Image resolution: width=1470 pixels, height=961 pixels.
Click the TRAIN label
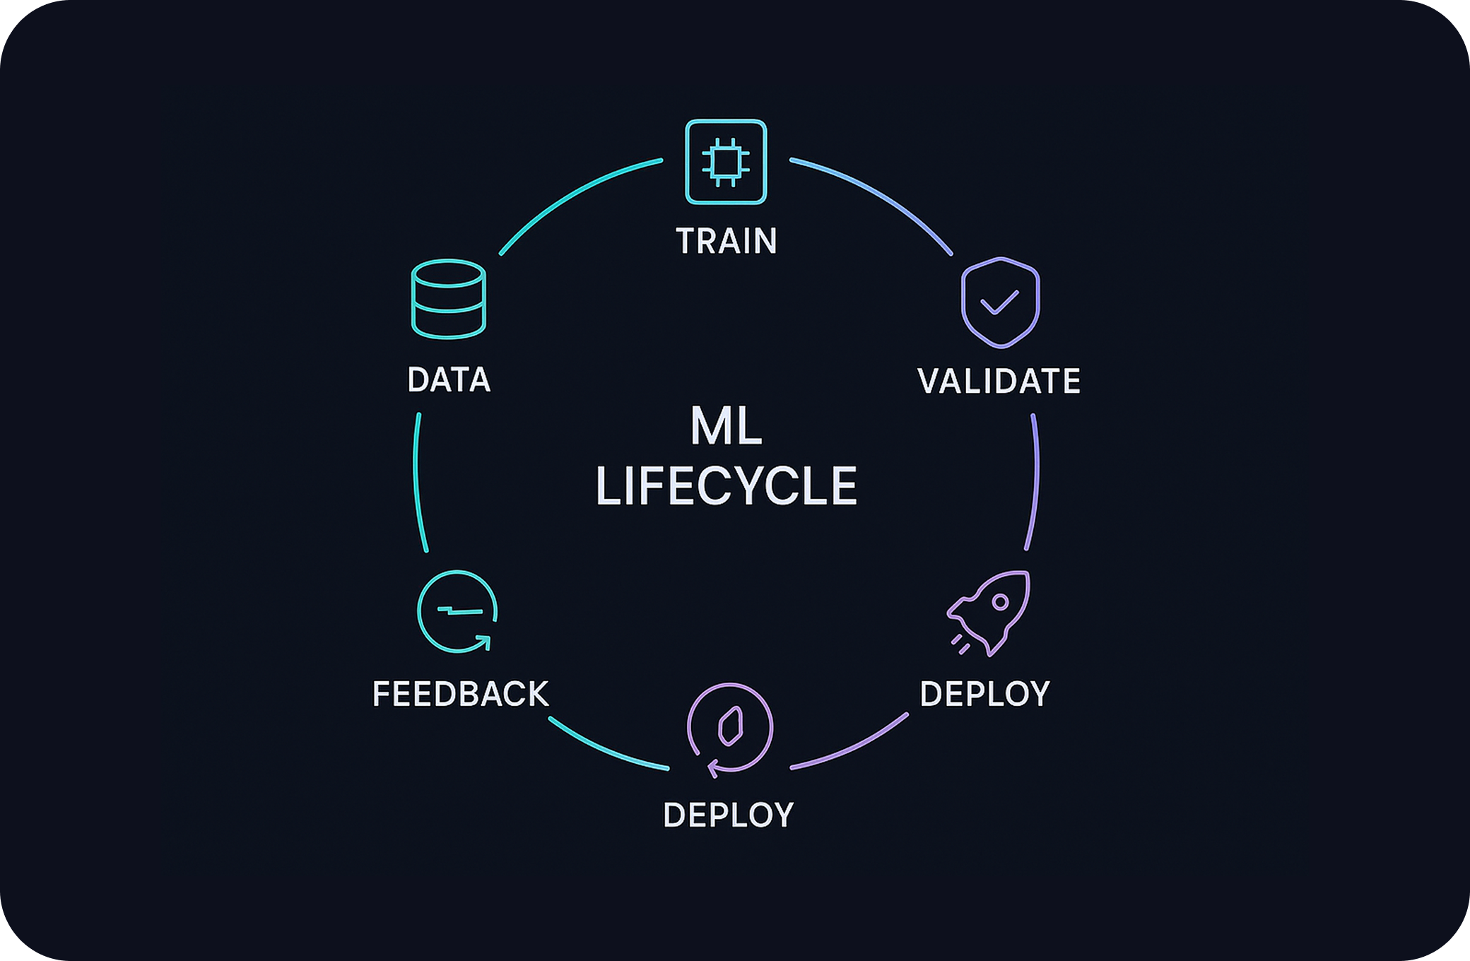tap(727, 241)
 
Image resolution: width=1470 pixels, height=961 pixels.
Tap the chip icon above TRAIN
tap(726, 162)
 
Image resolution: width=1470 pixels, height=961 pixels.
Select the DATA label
tap(449, 379)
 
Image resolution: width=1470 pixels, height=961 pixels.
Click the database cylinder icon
tap(448, 299)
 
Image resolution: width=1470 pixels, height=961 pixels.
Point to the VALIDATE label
tap(999, 381)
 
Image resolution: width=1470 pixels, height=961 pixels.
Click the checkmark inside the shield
tap(999, 302)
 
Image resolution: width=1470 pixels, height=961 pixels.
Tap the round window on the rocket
tap(1000, 602)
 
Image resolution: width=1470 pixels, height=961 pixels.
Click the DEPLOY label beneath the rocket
tap(984, 694)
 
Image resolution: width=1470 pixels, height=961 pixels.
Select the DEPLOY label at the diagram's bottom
tap(728, 815)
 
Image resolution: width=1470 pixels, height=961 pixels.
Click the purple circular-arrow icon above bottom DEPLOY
tap(730, 729)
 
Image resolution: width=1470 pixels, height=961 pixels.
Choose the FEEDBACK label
tap(460, 694)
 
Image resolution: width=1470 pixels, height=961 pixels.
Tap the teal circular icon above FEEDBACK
tap(457, 611)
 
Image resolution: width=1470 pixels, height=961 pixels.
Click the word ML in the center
tap(726, 426)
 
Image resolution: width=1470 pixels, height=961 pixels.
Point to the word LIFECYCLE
tap(726, 486)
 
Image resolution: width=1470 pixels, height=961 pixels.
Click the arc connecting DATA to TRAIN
tap(572, 194)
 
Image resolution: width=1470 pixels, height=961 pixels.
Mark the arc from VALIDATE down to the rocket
tap(1036, 481)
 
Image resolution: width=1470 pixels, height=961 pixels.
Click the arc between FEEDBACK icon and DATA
tap(416, 481)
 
